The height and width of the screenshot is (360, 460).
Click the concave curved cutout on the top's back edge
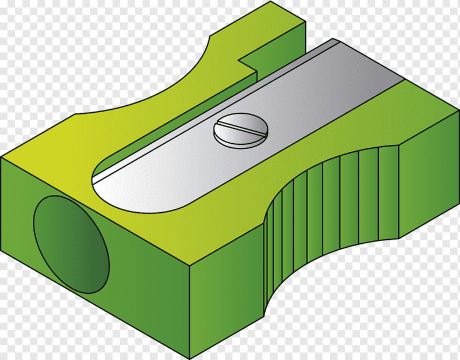(x=172, y=81)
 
